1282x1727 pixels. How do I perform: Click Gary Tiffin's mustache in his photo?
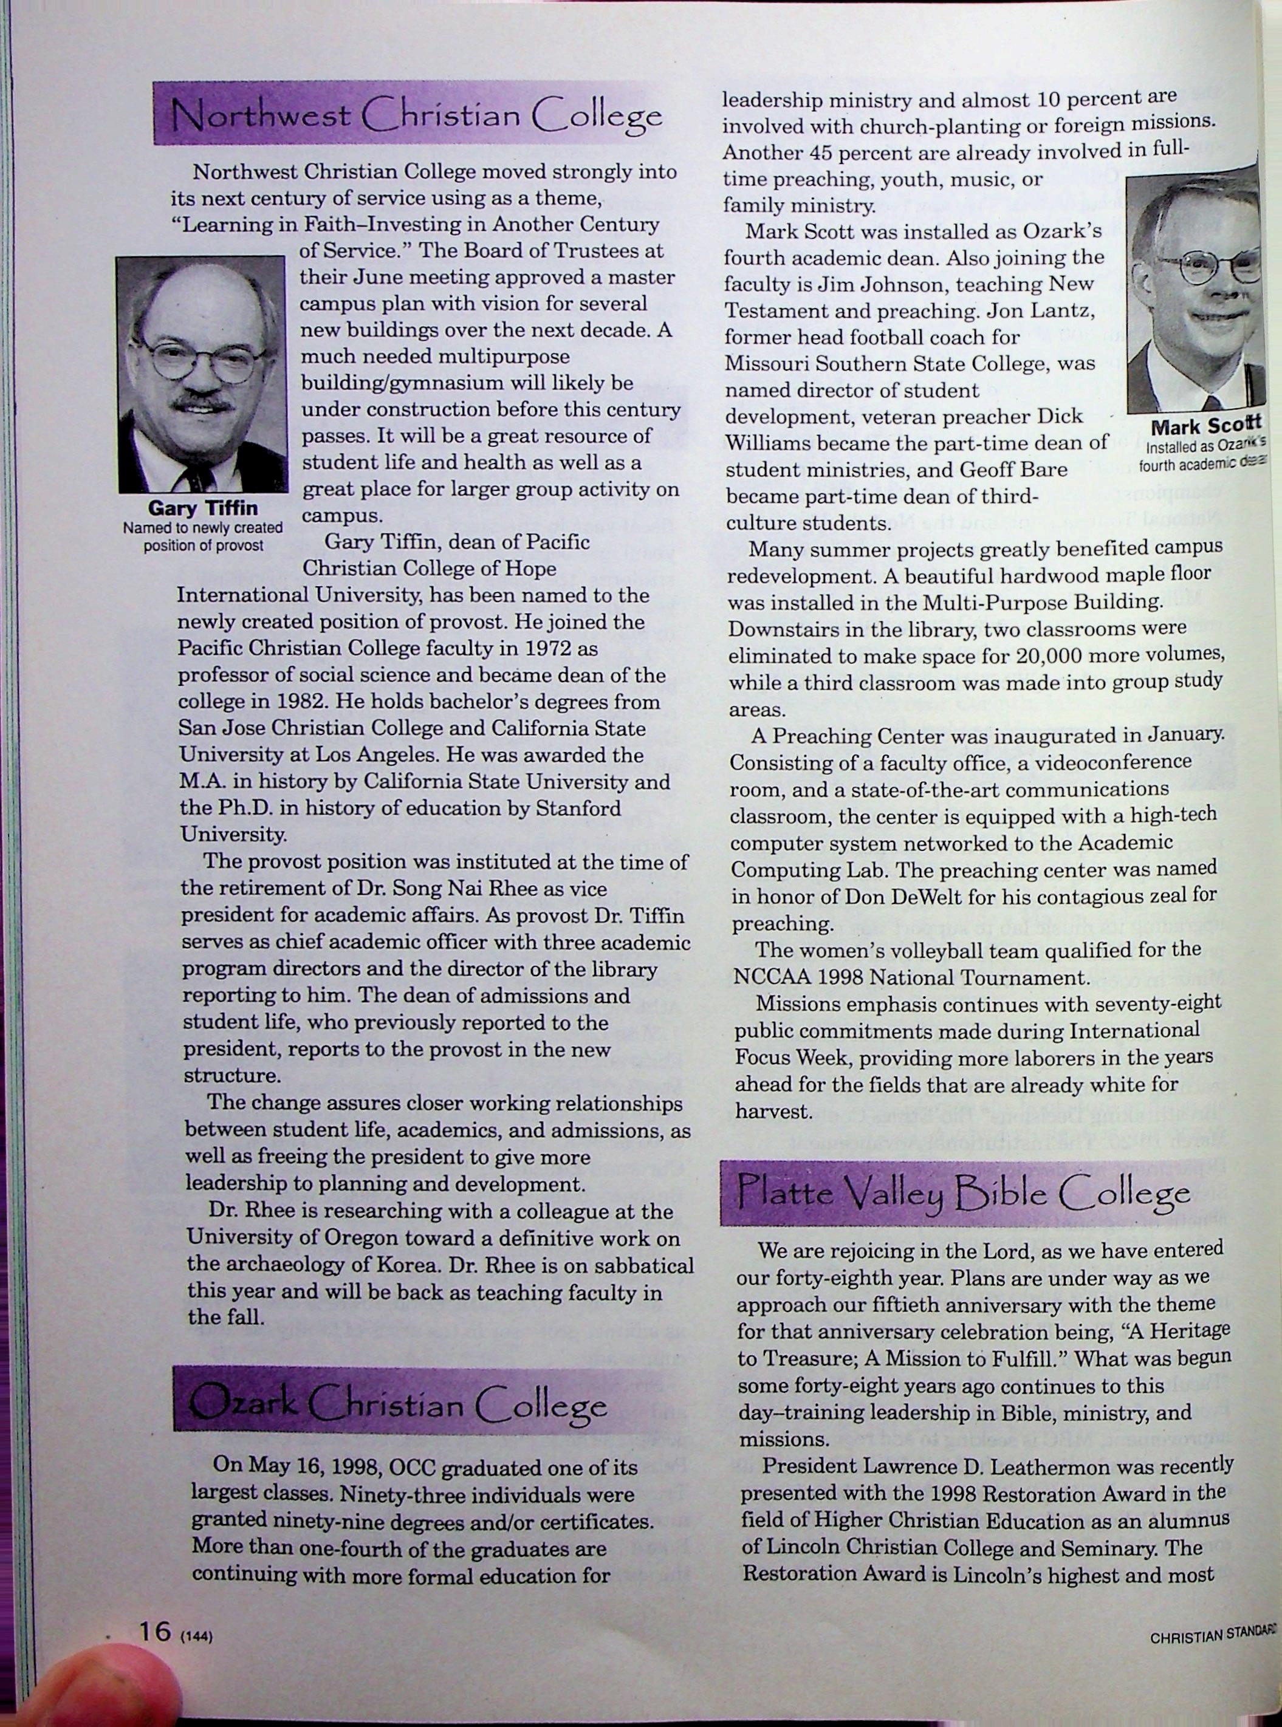coord(204,402)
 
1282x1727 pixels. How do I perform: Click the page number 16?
coord(154,1632)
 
